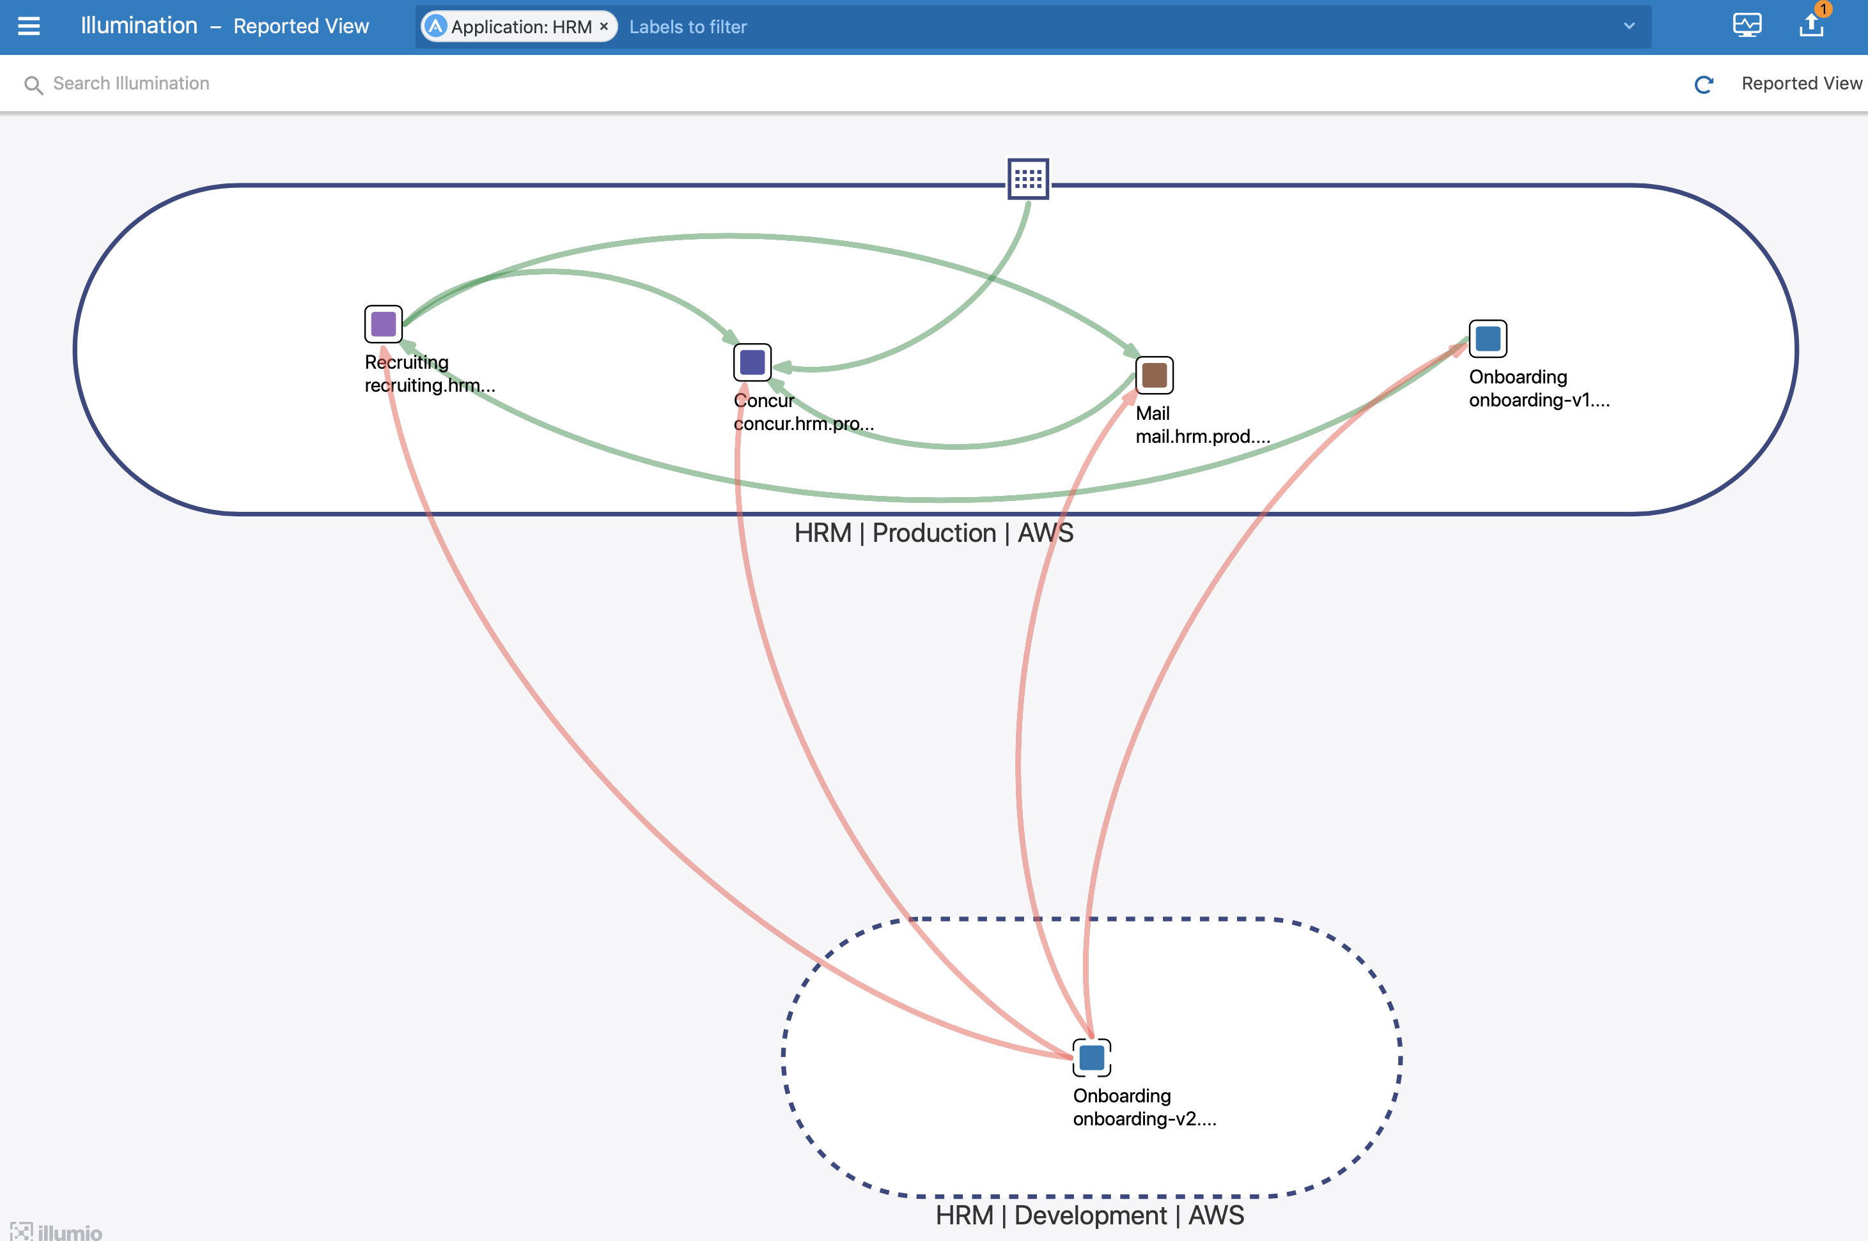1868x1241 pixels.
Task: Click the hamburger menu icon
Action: point(29,26)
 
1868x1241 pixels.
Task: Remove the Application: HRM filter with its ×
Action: point(604,26)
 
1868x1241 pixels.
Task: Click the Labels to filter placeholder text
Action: point(688,27)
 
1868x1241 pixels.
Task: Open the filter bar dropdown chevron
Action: point(1629,26)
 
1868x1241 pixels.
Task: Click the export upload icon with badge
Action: point(1811,26)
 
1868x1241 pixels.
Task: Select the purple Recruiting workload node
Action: point(383,324)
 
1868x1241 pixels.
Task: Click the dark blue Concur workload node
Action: point(752,362)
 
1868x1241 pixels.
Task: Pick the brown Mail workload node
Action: point(1154,375)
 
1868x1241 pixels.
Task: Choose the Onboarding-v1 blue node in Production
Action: point(1487,339)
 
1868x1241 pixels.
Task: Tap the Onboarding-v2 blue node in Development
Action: point(1091,1058)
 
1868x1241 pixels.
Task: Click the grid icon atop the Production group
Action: point(1028,179)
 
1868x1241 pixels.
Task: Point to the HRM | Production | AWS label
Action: point(934,534)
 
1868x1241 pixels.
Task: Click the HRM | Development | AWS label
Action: point(1089,1215)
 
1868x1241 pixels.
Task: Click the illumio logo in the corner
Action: point(57,1231)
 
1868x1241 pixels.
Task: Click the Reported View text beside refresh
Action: point(1802,84)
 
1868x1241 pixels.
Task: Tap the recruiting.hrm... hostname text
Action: point(430,385)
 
